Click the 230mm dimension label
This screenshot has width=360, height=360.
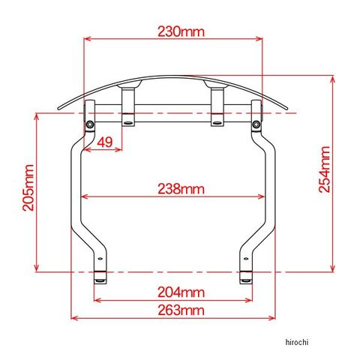pos(181,31)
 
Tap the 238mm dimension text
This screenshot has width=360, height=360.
pos(181,189)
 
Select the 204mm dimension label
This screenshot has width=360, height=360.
pos(181,292)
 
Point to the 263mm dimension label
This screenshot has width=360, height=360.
pos(181,310)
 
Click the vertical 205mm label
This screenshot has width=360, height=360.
pos(28,187)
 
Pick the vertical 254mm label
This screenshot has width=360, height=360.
pos(325,169)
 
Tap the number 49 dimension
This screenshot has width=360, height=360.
pos(105,142)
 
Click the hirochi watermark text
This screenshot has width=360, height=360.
pos(297,342)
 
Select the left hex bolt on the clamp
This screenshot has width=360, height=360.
pos(90,124)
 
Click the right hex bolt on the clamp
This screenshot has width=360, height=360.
pos(256,124)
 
